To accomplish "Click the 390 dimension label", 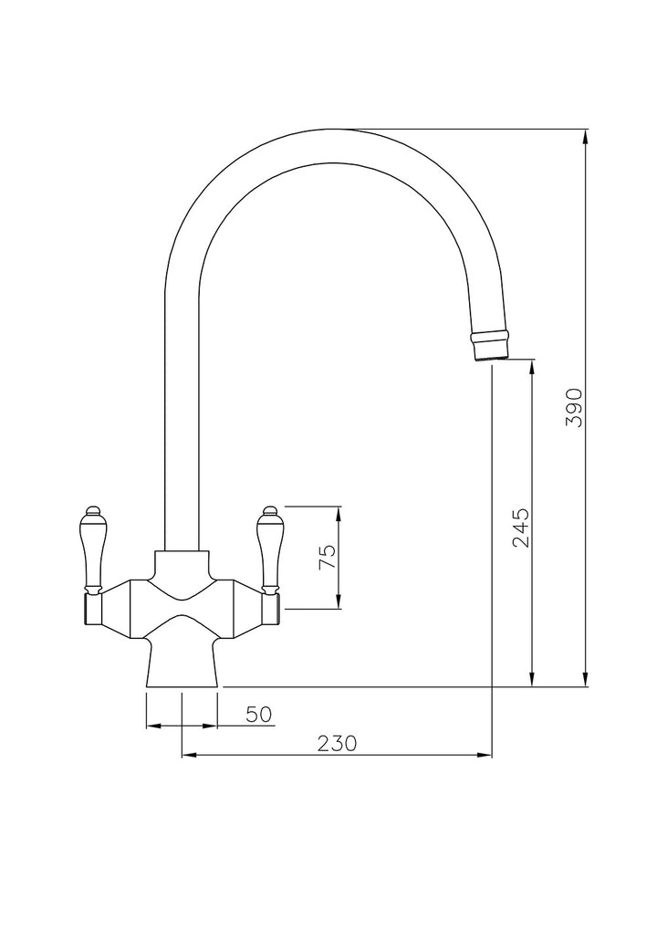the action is pyautogui.click(x=575, y=407).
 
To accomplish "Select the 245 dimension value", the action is pyautogui.click(x=521, y=528).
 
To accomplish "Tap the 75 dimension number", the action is pyautogui.click(x=328, y=557).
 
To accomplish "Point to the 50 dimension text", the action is pyautogui.click(x=258, y=714).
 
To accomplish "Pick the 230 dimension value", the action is pyautogui.click(x=337, y=743).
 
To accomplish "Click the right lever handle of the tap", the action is pyautogui.click(x=270, y=549).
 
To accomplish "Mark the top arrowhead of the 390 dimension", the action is pyautogui.click(x=586, y=136).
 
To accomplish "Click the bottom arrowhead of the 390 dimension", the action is pyautogui.click(x=586, y=680).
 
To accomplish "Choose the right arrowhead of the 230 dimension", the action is pyautogui.click(x=485, y=756).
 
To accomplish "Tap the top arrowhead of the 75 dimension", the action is pyautogui.click(x=339, y=514).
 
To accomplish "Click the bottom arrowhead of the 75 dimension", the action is pyautogui.click(x=339, y=601).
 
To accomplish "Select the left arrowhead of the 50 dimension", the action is pyautogui.click(x=153, y=726).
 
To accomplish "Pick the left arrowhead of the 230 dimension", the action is pyautogui.click(x=189, y=756).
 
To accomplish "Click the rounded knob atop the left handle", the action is pyautogui.click(x=92, y=511).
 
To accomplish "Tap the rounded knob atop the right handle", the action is pyautogui.click(x=270, y=511).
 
